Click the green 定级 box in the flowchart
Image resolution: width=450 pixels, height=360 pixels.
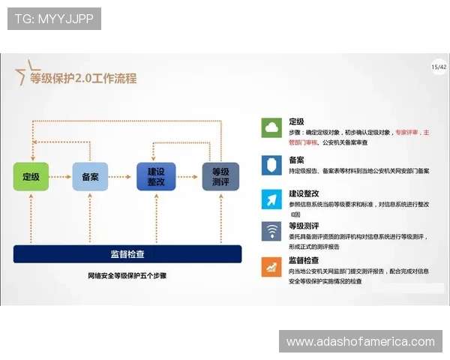[31, 176]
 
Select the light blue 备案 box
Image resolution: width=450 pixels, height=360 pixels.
[90, 176]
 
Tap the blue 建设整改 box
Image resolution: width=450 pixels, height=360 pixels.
[155, 176]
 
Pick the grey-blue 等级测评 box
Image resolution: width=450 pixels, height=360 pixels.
[220, 176]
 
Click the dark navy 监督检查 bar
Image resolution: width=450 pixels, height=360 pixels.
[127, 253]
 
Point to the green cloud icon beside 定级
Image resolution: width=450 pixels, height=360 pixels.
[270, 128]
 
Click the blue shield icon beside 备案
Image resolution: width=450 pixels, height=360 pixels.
[270, 164]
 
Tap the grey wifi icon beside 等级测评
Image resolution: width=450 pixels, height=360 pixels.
[270, 231]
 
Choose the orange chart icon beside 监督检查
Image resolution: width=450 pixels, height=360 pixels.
[270, 266]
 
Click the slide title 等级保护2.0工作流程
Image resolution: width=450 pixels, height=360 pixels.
[83, 78]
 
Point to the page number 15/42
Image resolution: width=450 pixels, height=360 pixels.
[439, 67]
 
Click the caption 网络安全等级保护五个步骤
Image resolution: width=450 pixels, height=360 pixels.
[127, 276]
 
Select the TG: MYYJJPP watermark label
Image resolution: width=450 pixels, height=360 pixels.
[54, 18]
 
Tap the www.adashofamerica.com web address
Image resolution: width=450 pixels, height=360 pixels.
[361, 342]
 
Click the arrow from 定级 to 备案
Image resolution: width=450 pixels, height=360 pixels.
[61, 176]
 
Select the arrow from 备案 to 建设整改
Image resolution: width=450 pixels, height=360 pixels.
[122, 176]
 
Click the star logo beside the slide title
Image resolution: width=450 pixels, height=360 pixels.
[24, 71]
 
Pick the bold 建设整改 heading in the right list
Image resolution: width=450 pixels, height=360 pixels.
[304, 193]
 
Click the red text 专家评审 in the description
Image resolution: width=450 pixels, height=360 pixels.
[409, 132]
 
